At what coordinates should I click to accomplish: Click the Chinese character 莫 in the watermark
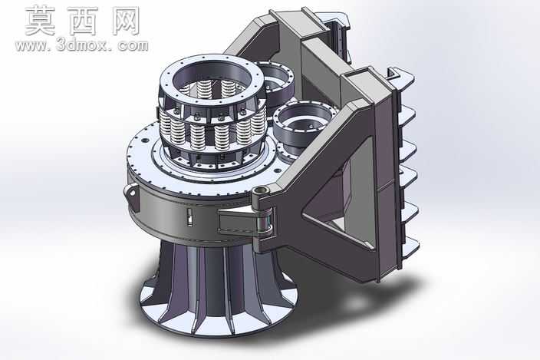click(x=40, y=21)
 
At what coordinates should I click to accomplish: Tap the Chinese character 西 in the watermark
click(x=83, y=21)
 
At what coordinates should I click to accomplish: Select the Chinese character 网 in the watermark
click(x=126, y=21)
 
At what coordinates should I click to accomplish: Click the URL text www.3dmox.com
click(x=81, y=46)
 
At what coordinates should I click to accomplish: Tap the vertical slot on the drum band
click(x=189, y=217)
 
